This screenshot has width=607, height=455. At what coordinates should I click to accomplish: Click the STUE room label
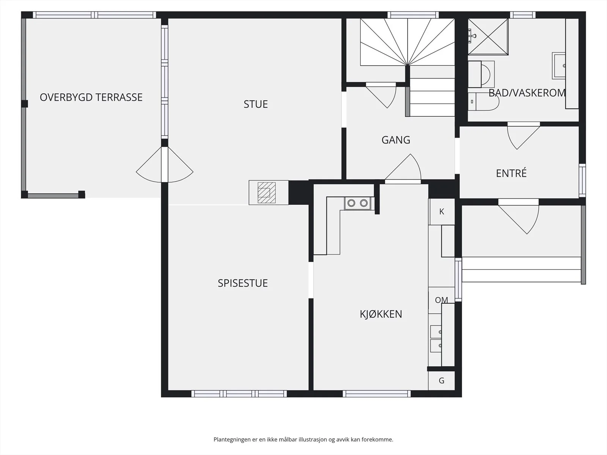tap(256, 104)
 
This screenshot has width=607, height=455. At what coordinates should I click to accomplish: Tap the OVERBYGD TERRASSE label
tap(91, 97)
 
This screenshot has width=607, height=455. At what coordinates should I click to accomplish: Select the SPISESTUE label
tap(242, 283)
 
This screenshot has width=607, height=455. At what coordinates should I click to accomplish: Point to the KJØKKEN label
tap(381, 314)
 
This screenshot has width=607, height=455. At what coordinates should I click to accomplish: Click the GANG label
tap(396, 140)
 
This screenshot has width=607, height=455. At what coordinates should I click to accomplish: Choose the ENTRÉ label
tap(511, 173)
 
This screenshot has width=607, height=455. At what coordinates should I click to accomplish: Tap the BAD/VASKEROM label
tap(527, 93)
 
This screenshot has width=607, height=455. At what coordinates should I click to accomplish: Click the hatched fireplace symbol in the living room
tap(267, 193)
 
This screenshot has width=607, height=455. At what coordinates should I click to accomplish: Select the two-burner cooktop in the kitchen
tap(358, 203)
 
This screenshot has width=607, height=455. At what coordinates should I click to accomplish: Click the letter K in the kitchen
tap(442, 212)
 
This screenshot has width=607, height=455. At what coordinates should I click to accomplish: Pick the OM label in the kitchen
tap(441, 300)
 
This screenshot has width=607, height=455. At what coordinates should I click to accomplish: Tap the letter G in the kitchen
tap(442, 381)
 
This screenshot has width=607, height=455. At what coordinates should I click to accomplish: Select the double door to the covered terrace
tap(165, 165)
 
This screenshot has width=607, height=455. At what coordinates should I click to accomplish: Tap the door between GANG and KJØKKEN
tap(403, 168)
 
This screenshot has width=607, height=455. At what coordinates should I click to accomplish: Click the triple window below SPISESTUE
tap(239, 394)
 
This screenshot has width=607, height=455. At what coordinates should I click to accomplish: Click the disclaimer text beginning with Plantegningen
tap(303, 439)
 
